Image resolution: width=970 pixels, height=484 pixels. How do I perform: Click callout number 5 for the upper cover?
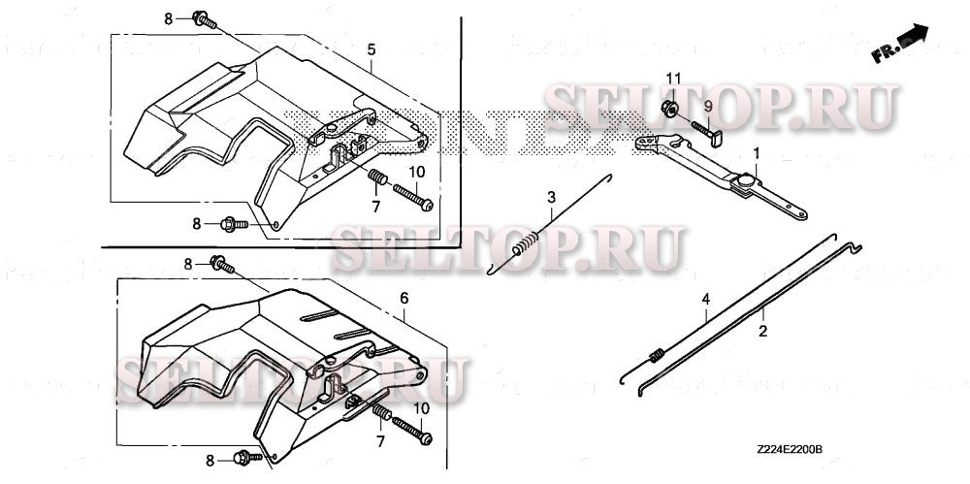pos(372,48)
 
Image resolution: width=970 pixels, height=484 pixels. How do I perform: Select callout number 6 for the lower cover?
pos(404,299)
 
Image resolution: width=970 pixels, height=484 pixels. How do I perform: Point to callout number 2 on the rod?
pos(762,332)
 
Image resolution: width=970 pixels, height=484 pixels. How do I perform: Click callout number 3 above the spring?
pos(551,198)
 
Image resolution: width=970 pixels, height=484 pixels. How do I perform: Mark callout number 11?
pos(673,77)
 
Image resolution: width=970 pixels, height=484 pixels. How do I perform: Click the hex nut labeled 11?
pos(668,108)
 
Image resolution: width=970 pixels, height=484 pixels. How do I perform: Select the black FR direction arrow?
pos(913,40)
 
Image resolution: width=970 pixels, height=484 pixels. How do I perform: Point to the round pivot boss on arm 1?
pos(746,181)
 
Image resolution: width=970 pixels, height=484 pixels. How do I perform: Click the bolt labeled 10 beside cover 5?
pos(413,200)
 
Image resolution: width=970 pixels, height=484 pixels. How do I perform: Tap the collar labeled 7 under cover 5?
pos(377,178)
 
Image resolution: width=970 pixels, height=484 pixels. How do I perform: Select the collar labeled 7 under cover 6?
pos(381,415)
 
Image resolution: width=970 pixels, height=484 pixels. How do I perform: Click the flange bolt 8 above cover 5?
pos(202,18)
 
